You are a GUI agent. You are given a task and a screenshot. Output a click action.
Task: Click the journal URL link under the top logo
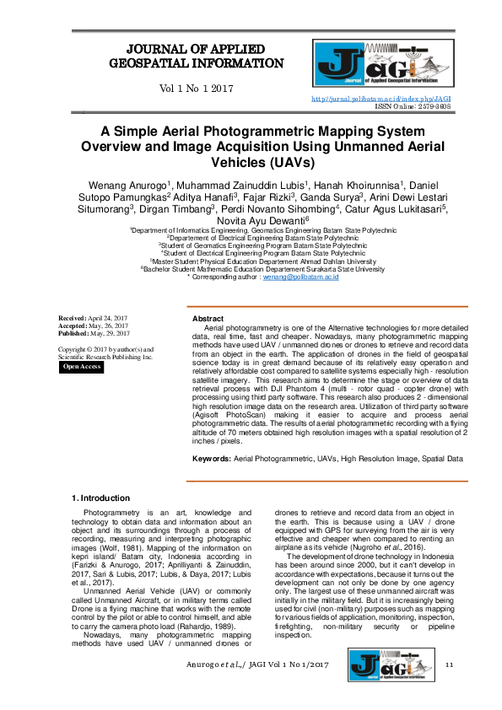pos(381,99)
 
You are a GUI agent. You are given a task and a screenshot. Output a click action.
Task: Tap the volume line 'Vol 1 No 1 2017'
pos(196,89)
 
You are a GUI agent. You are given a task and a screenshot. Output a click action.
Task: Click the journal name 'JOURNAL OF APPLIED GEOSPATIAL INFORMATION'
pos(196,56)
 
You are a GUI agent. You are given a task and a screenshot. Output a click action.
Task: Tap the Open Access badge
pos(82,367)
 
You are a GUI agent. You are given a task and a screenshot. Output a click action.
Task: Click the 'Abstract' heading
pos(208,319)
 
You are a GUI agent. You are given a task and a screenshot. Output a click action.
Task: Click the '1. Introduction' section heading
pos(101,498)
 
